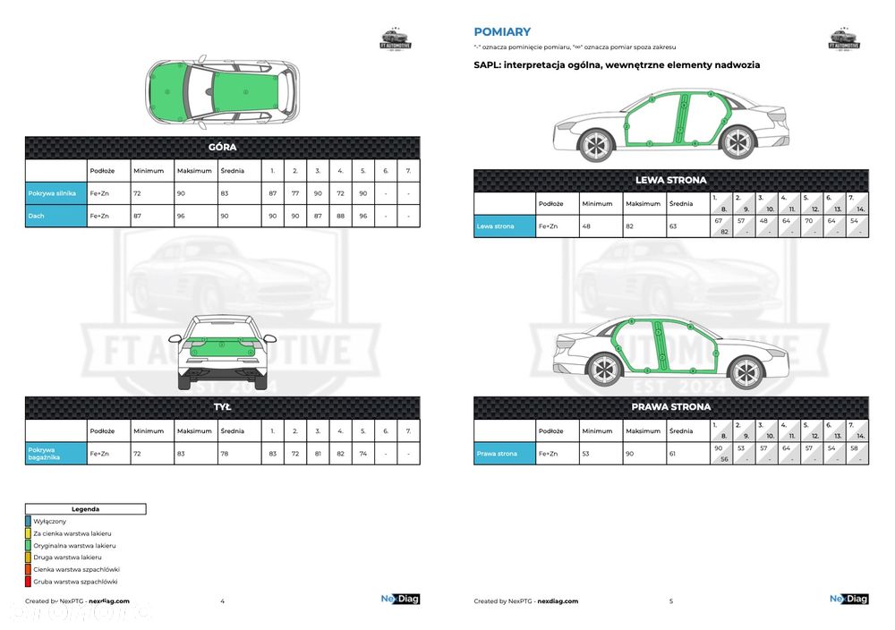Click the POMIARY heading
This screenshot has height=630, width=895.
(502, 31)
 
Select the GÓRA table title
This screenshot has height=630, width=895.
(222, 148)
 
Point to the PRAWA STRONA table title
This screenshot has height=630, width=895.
(670, 407)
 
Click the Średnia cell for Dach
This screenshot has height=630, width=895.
(226, 215)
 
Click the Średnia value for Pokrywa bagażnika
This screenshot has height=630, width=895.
(226, 454)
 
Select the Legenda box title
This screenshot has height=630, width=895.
(85, 508)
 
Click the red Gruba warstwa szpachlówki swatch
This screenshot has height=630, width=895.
(28, 582)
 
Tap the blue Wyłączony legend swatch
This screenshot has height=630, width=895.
(28, 521)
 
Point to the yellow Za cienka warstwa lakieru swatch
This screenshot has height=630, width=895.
(28, 533)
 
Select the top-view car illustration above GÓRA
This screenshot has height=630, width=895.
(221, 92)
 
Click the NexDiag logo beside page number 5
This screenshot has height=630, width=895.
(848, 600)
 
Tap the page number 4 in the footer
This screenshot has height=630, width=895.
(222, 601)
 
